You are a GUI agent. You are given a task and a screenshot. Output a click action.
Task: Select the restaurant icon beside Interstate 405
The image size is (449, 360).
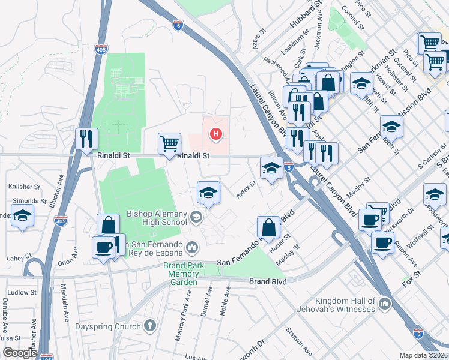tap(87, 139)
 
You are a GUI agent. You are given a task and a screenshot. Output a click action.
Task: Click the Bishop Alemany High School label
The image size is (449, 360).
tap(157, 218)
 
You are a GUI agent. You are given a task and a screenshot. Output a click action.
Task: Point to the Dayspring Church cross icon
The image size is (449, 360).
tap(149, 326)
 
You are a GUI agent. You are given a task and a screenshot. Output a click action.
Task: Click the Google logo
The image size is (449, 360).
tap(20, 353)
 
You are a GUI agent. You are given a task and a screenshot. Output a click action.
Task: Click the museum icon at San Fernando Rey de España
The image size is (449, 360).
tap(192, 246)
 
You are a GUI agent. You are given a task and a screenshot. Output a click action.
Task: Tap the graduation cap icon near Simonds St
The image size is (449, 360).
tap(22, 215)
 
